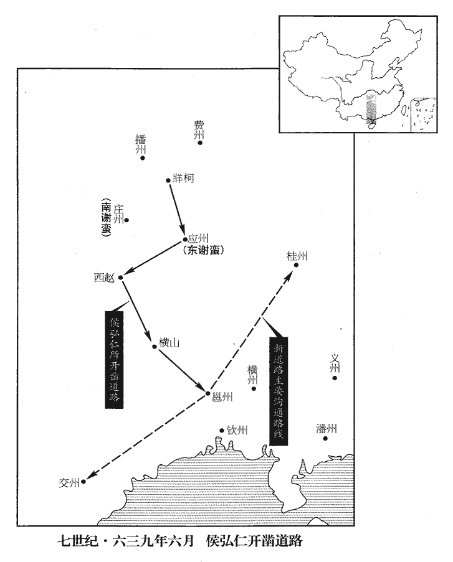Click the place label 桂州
click(297, 256)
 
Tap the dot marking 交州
click(83, 482)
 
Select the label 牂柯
click(184, 178)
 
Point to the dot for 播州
click(143, 157)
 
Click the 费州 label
click(199, 129)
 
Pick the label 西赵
click(104, 278)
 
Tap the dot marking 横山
click(155, 347)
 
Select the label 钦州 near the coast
click(237, 429)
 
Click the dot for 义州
click(335, 378)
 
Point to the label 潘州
click(327, 428)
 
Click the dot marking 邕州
click(207, 393)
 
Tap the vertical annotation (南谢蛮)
click(107, 218)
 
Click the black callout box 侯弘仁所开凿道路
click(114, 360)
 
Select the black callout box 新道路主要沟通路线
click(279, 391)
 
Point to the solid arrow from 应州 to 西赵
click(154, 260)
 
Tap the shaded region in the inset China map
click(371, 108)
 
